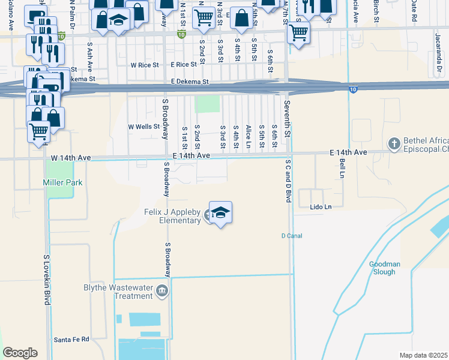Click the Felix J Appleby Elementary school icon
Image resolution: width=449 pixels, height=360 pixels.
pyautogui.click(x=220, y=213)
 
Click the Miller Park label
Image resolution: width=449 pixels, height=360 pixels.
pyautogui.click(x=62, y=182)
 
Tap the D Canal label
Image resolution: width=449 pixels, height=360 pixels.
pyautogui.click(x=292, y=236)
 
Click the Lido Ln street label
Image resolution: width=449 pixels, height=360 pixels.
pyautogui.click(x=321, y=206)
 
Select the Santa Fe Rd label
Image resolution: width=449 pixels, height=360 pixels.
pyautogui.click(x=71, y=340)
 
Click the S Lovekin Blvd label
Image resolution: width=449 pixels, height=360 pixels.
pyautogui.click(x=46, y=280)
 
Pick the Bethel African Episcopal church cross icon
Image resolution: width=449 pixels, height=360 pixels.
pyautogui.click(x=394, y=144)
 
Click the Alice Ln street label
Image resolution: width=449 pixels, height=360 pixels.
pyautogui.click(x=248, y=137)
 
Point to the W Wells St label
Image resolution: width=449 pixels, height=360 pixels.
pyautogui.click(x=143, y=127)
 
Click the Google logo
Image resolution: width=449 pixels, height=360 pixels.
pyautogui.click(x=20, y=353)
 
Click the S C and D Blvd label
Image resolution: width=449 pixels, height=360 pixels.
pyautogui.click(x=288, y=180)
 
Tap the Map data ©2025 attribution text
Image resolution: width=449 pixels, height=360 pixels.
pyautogui.click(x=423, y=355)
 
